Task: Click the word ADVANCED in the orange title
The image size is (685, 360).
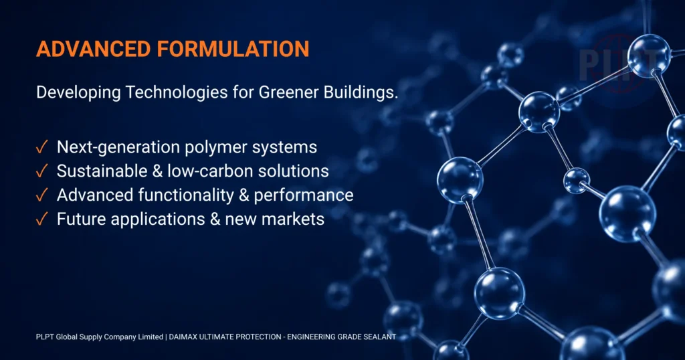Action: [x=94, y=49]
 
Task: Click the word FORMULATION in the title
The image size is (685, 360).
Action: [x=233, y=49]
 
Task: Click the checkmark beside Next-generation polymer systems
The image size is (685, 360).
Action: [x=41, y=147]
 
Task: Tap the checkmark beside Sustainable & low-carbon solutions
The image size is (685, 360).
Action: [x=41, y=171]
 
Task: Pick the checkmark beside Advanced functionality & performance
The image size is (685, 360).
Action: [x=41, y=195]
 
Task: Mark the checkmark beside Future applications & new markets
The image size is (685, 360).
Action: [x=41, y=219]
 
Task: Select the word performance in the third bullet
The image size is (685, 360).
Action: [x=304, y=196]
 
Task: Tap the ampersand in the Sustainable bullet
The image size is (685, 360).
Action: [x=157, y=171]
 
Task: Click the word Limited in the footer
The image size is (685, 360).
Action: [x=151, y=337]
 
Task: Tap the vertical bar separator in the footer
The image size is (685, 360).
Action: [x=166, y=337]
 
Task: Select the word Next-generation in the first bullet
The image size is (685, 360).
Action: [x=119, y=148]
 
